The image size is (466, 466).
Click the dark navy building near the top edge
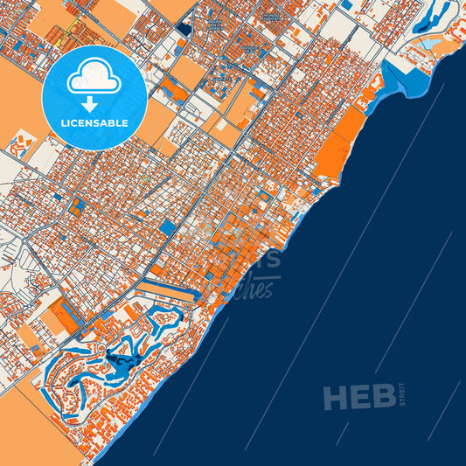pyautogui.click(x=183, y=28)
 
